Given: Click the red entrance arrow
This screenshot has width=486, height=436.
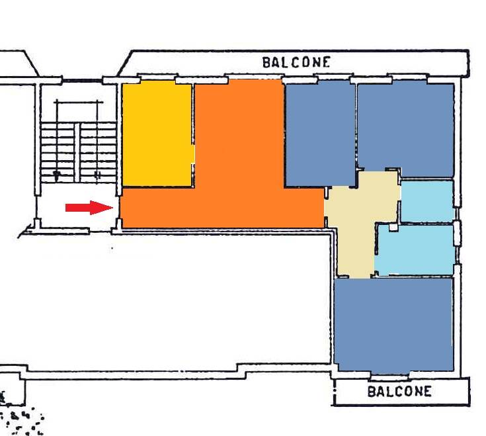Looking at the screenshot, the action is tap(89, 208).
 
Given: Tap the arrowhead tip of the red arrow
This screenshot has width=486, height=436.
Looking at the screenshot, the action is tap(113, 208).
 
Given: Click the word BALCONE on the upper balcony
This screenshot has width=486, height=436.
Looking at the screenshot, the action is tap(296, 62).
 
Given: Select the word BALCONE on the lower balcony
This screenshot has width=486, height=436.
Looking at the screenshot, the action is tap(399, 392).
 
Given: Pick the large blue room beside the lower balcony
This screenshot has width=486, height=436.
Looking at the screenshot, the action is tap(393, 324).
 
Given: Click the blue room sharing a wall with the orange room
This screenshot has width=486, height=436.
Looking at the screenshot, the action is tap(320, 134).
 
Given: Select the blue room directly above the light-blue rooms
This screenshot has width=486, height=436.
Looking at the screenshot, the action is tap(406, 127).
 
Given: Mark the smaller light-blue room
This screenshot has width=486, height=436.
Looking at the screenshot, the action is tap(428, 202).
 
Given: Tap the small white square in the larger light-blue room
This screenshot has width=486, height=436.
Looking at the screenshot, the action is tap(393, 228).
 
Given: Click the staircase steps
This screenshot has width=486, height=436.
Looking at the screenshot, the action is tap(79, 152).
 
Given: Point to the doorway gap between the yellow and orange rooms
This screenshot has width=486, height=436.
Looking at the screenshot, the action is tap(193, 154).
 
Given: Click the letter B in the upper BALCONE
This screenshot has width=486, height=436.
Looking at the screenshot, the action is tap(266, 63).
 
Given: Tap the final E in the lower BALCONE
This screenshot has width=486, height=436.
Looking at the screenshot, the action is tap(427, 392).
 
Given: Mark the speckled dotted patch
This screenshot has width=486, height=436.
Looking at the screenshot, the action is tap(22, 421).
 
